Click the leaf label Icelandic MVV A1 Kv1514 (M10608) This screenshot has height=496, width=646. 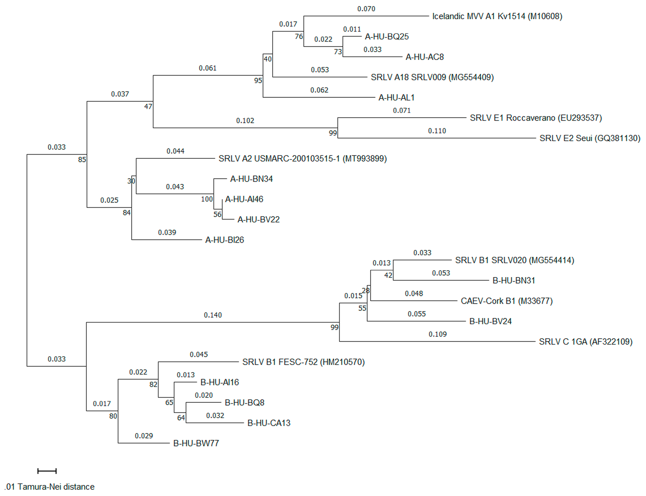click(x=497, y=16)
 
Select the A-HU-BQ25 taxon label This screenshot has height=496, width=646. click(x=386, y=37)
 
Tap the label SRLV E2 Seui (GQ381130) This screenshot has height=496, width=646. click(x=590, y=138)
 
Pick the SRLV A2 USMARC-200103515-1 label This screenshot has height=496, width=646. click(x=302, y=159)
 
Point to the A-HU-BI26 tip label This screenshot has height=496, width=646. click(x=224, y=240)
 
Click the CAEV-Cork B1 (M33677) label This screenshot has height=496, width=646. click(x=506, y=301)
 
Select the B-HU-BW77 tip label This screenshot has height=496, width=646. click(x=196, y=443)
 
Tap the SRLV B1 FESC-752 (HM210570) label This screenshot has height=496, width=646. click(x=303, y=362)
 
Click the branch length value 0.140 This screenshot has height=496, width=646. click(x=213, y=315)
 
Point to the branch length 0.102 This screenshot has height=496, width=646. click(x=245, y=120)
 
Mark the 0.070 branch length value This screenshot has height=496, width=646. click(x=366, y=9)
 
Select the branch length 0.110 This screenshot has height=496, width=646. click(x=437, y=131)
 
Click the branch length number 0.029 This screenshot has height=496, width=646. click(x=144, y=436)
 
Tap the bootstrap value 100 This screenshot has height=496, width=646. click(x=207, y=199)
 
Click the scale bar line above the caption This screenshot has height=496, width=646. click(x=47, y=471)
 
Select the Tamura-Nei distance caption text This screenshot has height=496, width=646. click(x=50, y=486)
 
